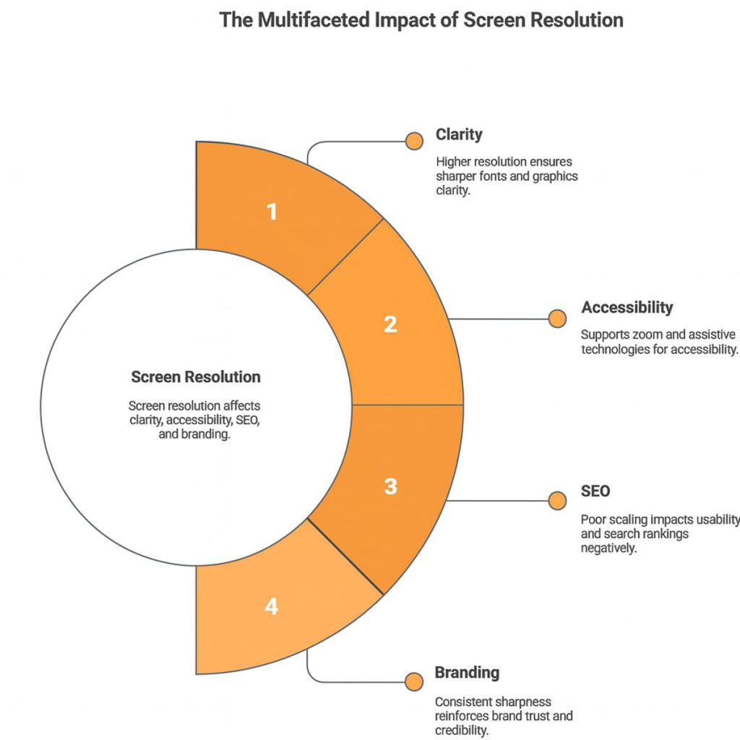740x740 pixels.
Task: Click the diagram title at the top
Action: click(421, 20)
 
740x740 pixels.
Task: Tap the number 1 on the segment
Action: click(272, 212)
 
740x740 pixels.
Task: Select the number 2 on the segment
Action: click(390, 324)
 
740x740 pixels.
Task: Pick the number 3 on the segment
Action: click(390, 486)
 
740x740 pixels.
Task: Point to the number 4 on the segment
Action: click(271, 606)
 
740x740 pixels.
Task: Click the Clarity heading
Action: click(459, 134)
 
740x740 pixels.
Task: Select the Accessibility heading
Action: click(627, 308)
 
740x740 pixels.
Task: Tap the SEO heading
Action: click(595, 491)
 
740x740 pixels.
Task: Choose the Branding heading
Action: click(467, 673)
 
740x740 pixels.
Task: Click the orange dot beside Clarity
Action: click(414, 141)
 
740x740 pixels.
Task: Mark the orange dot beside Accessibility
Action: click(556, 319)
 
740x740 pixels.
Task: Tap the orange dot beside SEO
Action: click(557, 500)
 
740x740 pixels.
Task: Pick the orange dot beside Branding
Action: click(414, 681)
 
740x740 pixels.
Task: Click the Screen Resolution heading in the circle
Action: click(196, 377)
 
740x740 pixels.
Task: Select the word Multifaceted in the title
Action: click(312, 20)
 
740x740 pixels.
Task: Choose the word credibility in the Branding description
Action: click(462, 730)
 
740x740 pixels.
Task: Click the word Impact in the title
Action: click(412, 20)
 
